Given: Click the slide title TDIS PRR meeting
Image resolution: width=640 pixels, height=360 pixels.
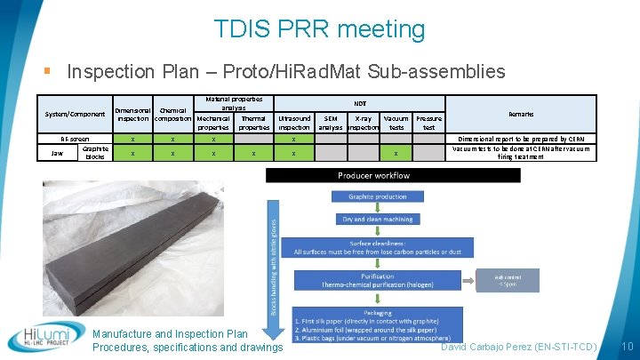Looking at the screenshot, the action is tap(320, 29).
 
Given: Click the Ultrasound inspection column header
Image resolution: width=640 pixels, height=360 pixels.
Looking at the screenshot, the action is tap(294, 123).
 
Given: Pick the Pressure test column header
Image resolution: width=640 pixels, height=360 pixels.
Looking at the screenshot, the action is tap(428, 123).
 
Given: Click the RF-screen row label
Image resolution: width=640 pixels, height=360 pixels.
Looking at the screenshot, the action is tap(75, 139).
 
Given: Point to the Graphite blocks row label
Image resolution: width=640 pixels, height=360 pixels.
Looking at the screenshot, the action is tap(95, 153).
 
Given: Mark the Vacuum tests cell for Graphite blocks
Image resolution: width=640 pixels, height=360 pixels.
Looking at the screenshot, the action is tap(396, 154).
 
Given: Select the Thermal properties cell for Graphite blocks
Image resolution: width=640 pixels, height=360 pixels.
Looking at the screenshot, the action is tap(253, 154).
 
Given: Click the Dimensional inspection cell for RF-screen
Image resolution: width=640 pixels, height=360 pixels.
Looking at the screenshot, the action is tap(132, 140).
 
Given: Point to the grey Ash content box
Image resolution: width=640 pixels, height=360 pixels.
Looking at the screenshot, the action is tap(507, 280).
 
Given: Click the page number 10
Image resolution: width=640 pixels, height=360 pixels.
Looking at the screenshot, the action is tap(627, 345).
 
